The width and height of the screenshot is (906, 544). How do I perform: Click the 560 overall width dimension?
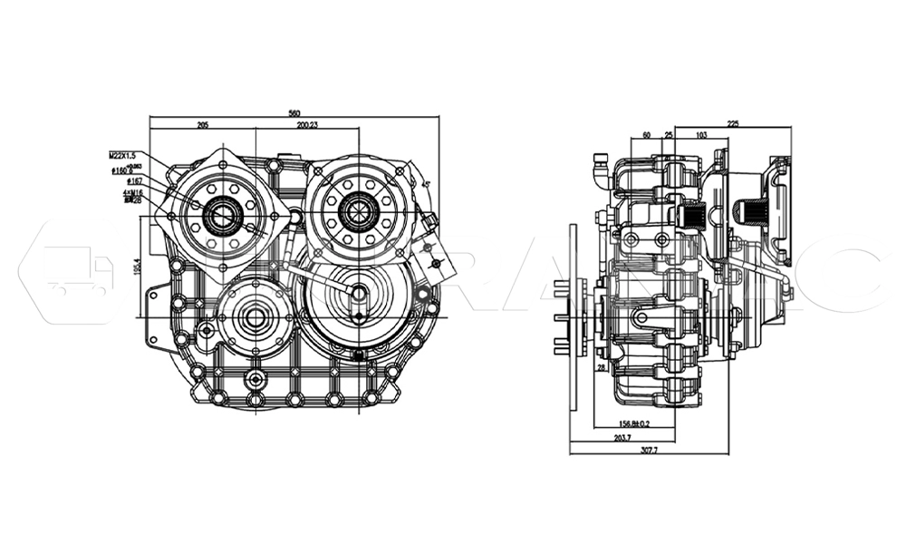point(294,113)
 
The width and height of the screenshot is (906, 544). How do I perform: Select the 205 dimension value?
point(203,124)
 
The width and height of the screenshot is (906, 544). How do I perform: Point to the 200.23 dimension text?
point(306,124)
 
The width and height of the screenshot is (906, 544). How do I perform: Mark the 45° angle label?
point(425,184)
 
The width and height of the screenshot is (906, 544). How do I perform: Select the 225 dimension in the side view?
point(733,123)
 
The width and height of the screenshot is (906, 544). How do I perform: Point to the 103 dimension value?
point(700,135)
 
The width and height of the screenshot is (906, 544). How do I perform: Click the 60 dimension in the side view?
point(646,135)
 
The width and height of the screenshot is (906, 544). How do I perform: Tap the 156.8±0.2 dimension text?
point(634,423)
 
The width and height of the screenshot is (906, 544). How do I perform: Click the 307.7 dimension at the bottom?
point(650,450)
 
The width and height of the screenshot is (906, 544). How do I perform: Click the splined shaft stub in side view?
point(748,213)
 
